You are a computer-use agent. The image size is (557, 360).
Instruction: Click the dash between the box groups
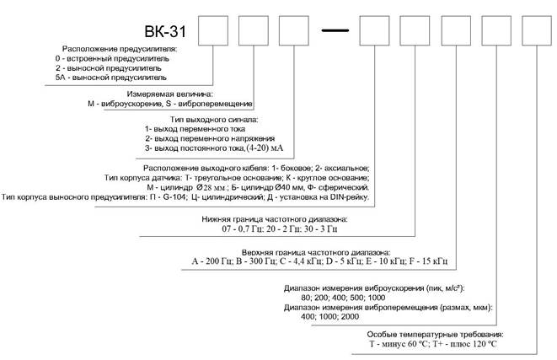(335, 31)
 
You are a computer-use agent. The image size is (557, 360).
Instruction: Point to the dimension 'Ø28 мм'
(213, 187)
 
